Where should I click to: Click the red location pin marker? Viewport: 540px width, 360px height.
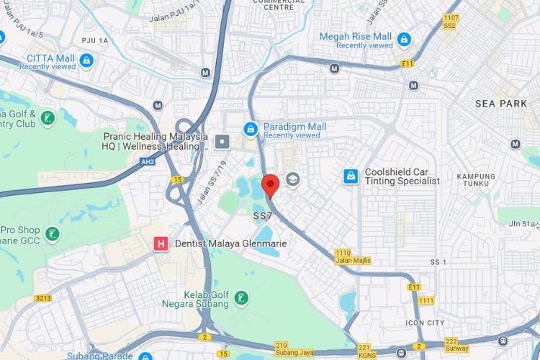pos(270,184)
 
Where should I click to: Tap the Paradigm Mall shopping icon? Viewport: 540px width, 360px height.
pos(251,129)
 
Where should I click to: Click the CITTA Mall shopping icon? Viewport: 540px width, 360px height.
pos(86,60)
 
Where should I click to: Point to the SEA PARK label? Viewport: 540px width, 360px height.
pos(501,104)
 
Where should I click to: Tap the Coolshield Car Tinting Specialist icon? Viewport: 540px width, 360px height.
pos(351,175)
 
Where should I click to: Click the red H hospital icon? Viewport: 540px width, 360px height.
pos(162,244)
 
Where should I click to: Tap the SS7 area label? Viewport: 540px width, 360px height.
pos(262,216)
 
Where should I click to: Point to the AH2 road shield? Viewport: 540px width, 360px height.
pos(148,162)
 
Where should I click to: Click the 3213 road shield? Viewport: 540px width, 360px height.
pos(44,297)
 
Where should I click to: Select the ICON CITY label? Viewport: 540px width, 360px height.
pos(425,323)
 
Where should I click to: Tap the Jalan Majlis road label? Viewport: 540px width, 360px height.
pos(353,260)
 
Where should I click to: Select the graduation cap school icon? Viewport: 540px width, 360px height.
pos(292,179)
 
